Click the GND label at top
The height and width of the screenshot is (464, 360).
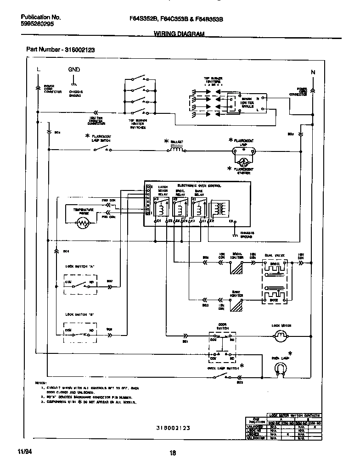tap(74, 70)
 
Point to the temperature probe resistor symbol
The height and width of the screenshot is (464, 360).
tap(83, 223)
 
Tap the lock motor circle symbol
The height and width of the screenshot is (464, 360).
tap(280, 338)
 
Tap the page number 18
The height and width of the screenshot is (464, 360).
tap(173, 453)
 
